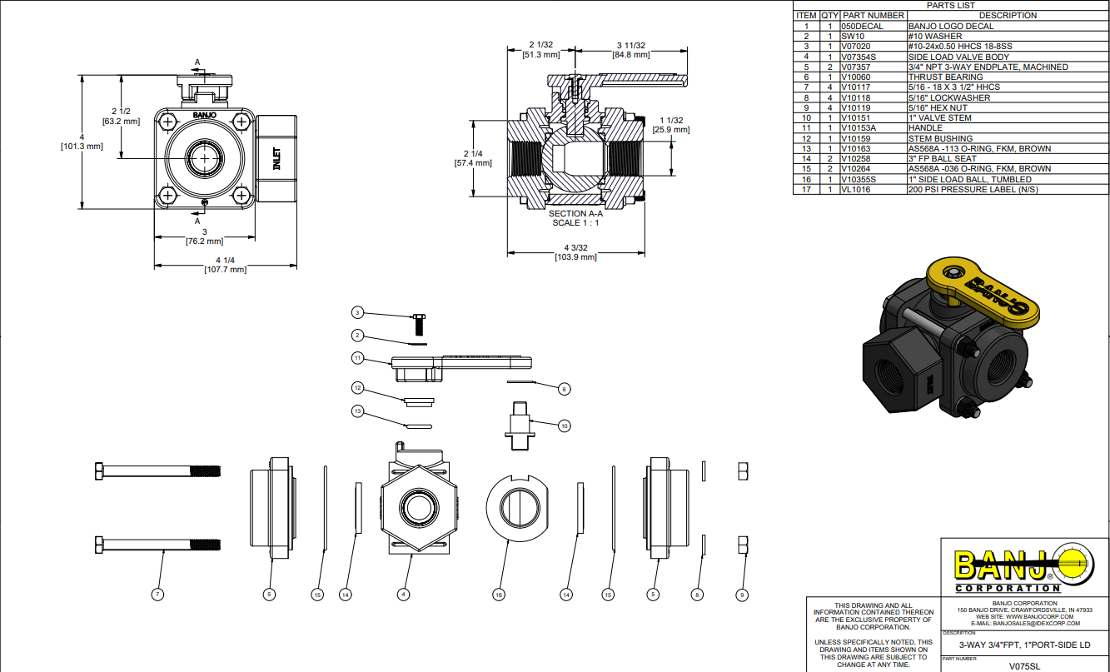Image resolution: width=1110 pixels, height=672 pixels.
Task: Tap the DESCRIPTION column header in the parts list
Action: point(1007,15)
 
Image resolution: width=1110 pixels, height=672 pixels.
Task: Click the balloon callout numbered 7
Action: point(157,595)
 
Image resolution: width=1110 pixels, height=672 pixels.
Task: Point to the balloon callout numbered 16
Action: point(499,595)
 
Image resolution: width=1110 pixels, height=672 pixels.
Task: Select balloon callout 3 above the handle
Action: point(357,313)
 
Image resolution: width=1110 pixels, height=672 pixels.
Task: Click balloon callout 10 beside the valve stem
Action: point(564,426)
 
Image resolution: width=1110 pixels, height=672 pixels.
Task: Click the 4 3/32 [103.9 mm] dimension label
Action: point(575,252)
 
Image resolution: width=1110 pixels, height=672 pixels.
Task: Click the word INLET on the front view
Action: point(276,159)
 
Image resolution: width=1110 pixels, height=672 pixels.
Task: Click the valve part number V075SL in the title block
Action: point(1023,666)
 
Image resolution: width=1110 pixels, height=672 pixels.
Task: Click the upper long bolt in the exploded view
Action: point(158,471)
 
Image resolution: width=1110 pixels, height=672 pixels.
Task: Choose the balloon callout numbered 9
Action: point(742,595)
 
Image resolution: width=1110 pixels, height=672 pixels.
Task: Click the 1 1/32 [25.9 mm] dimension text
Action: point(670,125)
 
